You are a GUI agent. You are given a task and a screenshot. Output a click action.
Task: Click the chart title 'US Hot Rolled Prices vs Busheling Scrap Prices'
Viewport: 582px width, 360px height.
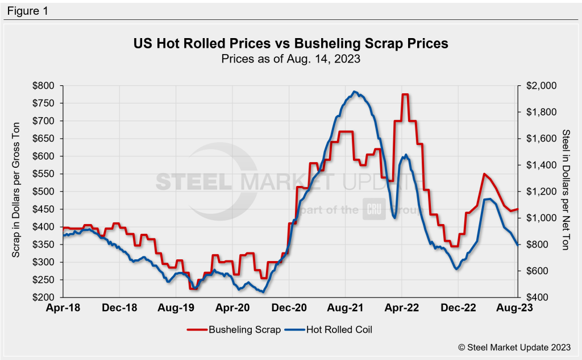pyautogui.click(x=290, y=43)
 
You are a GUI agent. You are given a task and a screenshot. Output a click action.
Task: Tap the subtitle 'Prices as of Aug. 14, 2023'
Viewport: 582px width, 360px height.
pyautogui.click(x=290, y=57)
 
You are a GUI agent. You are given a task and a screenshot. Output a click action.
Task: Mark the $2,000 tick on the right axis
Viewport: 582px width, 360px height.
pyautogui.click(x=537, y=86)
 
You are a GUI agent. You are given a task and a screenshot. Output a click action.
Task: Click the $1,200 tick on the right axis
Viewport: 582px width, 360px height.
pyautogui.click(x=537, y=192)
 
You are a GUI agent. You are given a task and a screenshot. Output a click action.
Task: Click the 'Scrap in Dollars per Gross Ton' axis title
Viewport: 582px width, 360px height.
pyautogui.click(x=17, y=192)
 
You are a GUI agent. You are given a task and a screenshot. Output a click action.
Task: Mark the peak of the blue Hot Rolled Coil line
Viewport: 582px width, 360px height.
pyautogui.click(x=355, y=92)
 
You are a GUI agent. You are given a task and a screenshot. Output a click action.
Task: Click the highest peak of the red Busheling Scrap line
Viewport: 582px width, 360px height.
pyautogui.click(x=405, y=94)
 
